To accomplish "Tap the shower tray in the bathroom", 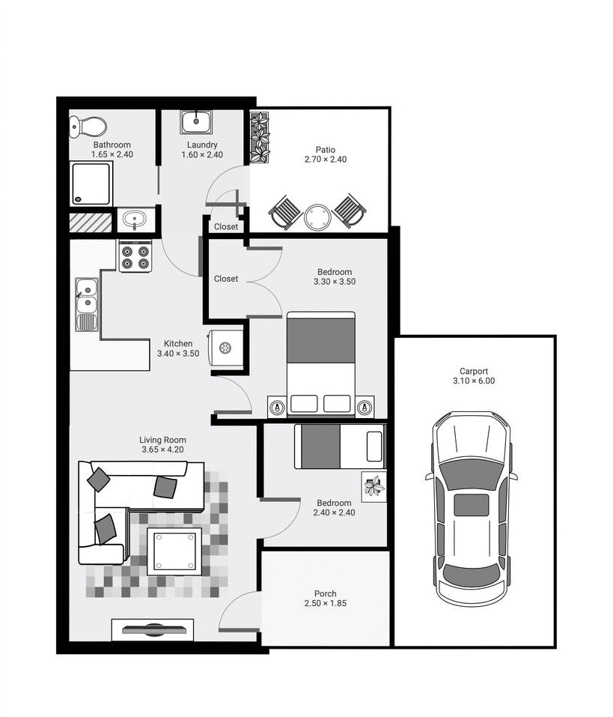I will point(91,184).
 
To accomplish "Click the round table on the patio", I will point(318,217).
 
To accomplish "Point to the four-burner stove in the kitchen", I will point(135,257).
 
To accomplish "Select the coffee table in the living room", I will point(174,551).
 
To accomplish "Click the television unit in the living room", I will point(153,629).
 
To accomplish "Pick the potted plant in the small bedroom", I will point(373,487).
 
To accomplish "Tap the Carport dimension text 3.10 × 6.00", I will point(474,381).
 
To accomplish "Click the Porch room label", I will point(325,593).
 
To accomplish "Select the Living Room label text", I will point(162,440).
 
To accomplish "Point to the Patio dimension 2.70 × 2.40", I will point(325,160).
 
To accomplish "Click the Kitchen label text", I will point(178,344).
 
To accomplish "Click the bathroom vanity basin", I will point(136,221).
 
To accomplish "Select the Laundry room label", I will point(202,145).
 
